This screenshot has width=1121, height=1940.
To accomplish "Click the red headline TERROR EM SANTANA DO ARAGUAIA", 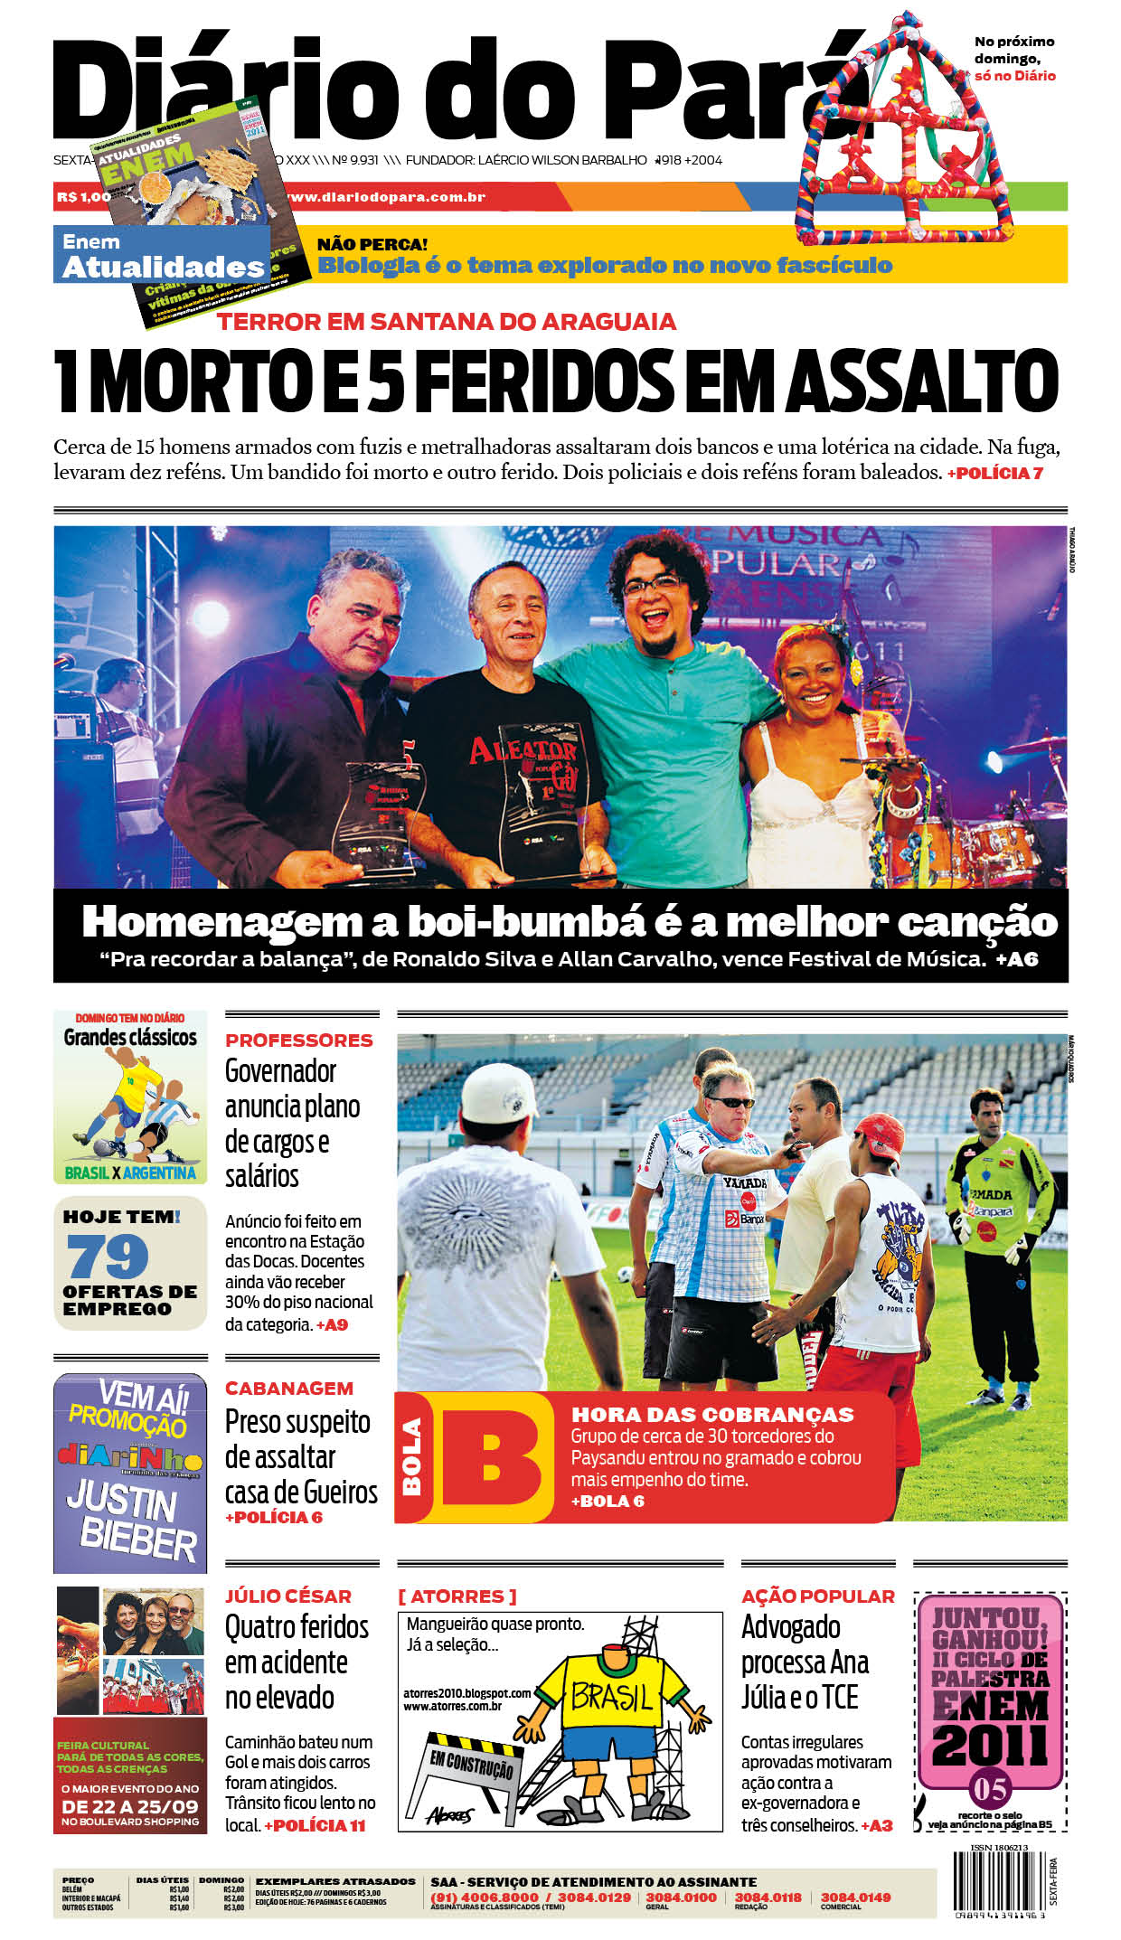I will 446,322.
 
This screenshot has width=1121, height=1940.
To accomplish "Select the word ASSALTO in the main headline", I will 922,381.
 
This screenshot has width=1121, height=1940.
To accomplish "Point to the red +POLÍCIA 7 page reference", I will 994,473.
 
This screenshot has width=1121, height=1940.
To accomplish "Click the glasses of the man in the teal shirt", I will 653,585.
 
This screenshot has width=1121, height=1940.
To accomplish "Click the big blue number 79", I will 108,1256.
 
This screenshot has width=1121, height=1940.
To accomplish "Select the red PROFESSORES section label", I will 298,1041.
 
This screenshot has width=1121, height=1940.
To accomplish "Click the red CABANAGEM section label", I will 288,1388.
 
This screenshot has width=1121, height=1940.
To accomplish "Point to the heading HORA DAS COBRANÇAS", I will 712,1415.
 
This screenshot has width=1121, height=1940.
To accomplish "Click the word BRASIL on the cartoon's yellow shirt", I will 612,1697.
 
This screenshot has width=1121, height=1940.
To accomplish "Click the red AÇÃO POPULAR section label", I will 817,1596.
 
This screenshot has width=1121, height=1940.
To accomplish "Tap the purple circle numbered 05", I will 990,1789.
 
